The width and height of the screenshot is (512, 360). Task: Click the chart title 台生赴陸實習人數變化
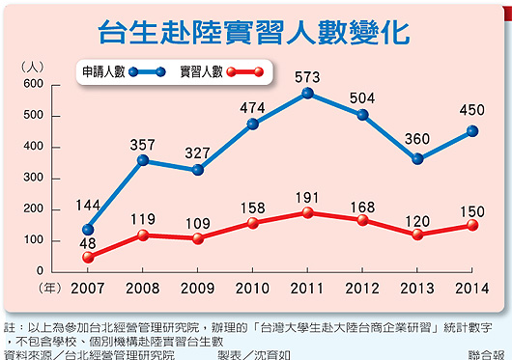(x=254, y=31)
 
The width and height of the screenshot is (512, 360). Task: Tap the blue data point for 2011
(x=307, y=94)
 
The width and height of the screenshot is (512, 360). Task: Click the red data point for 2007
(x=89, y=257)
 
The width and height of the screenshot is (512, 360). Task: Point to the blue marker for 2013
(x=417, y=159)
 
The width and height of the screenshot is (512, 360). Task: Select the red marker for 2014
(x=471, y=225)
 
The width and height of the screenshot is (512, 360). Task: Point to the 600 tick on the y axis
(x=35, y=85)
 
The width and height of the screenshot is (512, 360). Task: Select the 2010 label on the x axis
(x=253, y=288)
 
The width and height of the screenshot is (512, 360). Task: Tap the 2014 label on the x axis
(x=471, y=288)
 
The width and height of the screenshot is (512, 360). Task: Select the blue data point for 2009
(x=198, y=170)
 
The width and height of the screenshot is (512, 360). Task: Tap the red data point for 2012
(x=362, y=220)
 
